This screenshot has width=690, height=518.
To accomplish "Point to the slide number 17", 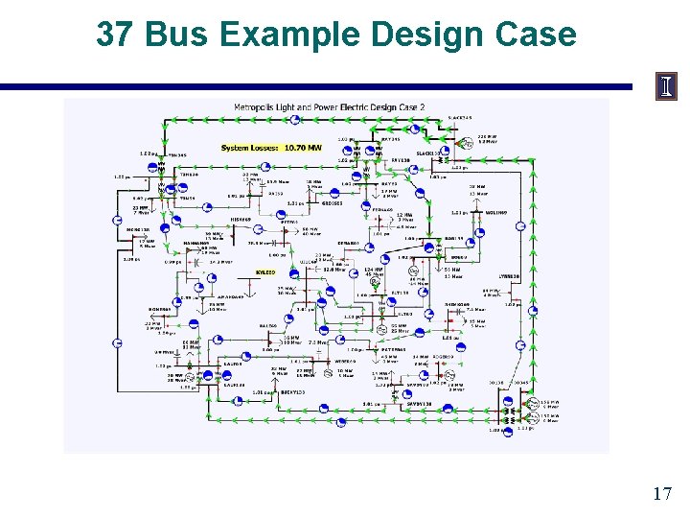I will (x=661, y=494).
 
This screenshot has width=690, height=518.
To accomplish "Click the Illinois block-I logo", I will (x=666, y=87).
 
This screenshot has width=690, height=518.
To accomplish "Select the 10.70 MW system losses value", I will (x=302, y=148).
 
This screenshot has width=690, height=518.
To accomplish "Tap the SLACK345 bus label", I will (x=460, y=118).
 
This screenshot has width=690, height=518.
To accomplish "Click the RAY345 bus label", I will (x=390, y=139).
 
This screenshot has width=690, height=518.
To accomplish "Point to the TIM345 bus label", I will (x=177, y=154).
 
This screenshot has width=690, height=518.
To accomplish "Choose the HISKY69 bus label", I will (x=241, y=219).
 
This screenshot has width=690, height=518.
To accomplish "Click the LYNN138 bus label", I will (x=507, y=276).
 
